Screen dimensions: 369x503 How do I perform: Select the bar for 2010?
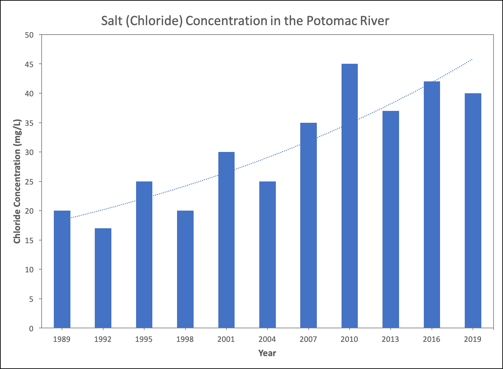point(349,196)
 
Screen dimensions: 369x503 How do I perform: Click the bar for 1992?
point(103,278)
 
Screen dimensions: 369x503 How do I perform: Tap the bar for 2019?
point(473,211)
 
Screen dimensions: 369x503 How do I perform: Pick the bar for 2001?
point(226,240)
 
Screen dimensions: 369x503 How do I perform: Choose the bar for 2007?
point(308,225)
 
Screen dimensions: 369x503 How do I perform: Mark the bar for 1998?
point(185,269)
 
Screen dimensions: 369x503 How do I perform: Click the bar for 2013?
point(391,219)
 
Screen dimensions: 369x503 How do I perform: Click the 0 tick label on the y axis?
point(31,328)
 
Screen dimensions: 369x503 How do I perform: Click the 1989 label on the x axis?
point(62,339)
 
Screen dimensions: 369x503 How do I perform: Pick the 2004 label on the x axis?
point(267,339)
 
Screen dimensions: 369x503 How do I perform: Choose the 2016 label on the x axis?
point(432,339)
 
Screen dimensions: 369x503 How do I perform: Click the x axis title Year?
point(267,353)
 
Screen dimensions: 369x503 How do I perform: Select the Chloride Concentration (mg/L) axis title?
point(17,181)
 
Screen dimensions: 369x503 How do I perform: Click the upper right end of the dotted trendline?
point(472,59)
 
